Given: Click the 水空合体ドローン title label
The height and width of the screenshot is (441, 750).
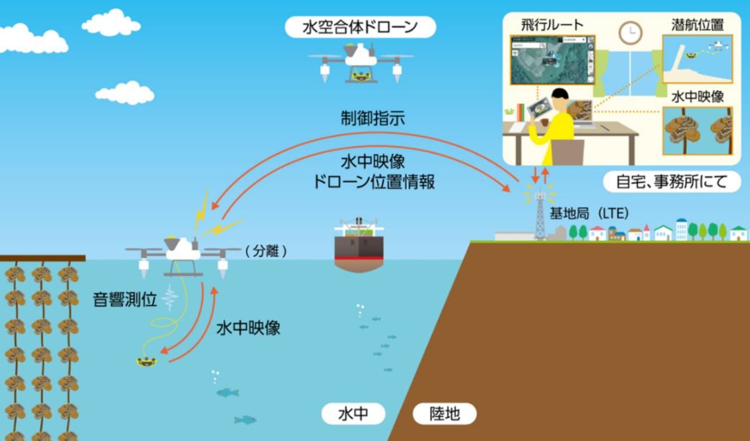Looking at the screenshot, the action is [360, 27].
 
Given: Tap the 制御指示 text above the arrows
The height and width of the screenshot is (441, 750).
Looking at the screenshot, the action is [373, 118].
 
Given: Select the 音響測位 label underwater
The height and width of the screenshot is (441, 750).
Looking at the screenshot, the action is [125, 299].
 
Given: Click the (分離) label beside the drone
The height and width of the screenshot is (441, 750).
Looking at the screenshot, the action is [266, 251].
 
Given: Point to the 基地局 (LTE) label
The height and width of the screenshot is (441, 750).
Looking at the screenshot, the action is [589, 213].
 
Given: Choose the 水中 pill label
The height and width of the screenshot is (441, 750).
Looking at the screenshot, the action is [353, 414].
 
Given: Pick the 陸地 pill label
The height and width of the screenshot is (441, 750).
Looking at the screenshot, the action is [445, 414].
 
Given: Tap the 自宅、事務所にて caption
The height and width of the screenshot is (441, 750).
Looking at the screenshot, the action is [672, 182].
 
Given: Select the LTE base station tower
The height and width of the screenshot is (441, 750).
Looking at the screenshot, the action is [540, 216].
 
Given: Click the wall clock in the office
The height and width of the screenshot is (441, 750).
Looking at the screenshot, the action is [630, 33].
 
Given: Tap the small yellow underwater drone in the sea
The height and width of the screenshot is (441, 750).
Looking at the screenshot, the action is [146, 362].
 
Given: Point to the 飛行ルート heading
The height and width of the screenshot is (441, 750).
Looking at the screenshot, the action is [552, 24].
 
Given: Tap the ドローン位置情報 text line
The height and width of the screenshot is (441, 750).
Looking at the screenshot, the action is [374, 182].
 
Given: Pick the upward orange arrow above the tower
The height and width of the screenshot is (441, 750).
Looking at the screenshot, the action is [546, 175].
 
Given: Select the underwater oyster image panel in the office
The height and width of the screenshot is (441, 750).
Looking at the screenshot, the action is [698, 131].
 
